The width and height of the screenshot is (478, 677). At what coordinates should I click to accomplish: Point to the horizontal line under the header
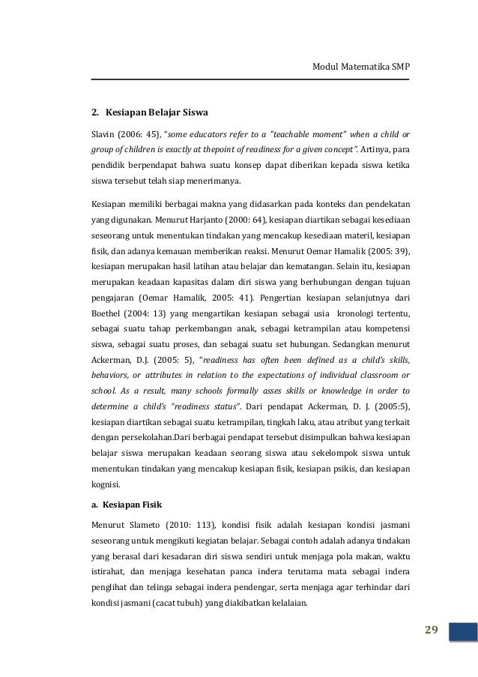[251, 80]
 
